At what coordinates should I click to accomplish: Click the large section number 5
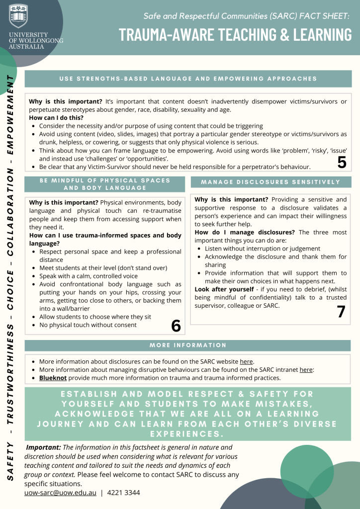(342, 162)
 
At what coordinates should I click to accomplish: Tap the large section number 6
(176, 326)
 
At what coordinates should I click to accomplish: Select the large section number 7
(341, 311)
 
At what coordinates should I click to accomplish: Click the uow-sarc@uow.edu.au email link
(60, 493)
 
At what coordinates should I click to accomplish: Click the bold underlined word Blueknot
(53, 378)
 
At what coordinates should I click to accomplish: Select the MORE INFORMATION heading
(188, 345)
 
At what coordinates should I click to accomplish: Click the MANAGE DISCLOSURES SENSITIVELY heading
(271, 182)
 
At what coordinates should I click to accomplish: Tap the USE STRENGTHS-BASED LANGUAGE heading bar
(188, 79)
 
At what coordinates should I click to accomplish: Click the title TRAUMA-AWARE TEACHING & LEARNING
(235, 35)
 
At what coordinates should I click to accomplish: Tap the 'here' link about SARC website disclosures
(246, 361)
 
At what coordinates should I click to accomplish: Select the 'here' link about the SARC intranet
(306, 370)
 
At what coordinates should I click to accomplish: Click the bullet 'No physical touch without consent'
(88, 325)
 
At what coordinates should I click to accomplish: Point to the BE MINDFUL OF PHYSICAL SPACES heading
(105, 184)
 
